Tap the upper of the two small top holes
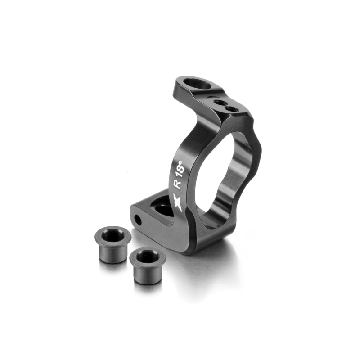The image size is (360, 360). tap(218, 102)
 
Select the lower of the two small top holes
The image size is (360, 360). tap(230, 109)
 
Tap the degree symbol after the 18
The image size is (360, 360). tap(180, 162)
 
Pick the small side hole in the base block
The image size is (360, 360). tap(138, 220)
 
